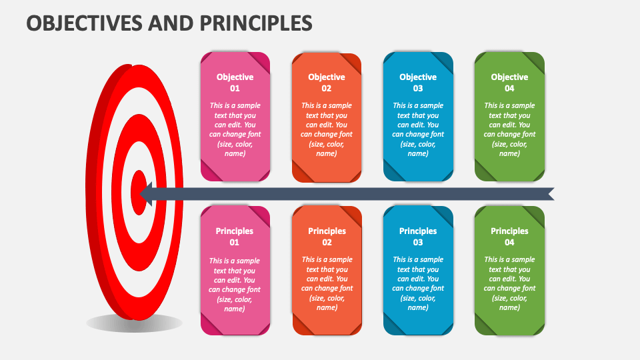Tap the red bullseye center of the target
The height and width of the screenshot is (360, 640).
point(138,193)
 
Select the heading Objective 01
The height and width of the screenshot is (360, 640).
point(235,82)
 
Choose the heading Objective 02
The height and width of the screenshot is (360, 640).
point(326,82)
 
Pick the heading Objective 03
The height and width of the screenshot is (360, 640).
point(418,82)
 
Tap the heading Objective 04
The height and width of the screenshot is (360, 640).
point(509,82)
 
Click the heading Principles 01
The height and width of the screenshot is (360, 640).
point(235,237)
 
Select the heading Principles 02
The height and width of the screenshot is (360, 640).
point(326,237)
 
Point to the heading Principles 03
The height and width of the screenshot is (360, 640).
point(418,237)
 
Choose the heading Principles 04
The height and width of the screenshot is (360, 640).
point(509,237)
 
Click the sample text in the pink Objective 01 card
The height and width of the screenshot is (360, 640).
point(235,129)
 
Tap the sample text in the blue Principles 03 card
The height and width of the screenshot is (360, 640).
point(418,283)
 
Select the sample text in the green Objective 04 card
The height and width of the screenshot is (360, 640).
point(509,129)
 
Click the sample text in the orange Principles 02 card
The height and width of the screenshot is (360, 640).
point(326,283)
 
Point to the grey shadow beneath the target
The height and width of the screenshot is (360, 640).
point(134,323)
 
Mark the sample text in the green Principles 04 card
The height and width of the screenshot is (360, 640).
point(509,283)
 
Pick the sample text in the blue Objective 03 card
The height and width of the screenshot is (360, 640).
point(418,129)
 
